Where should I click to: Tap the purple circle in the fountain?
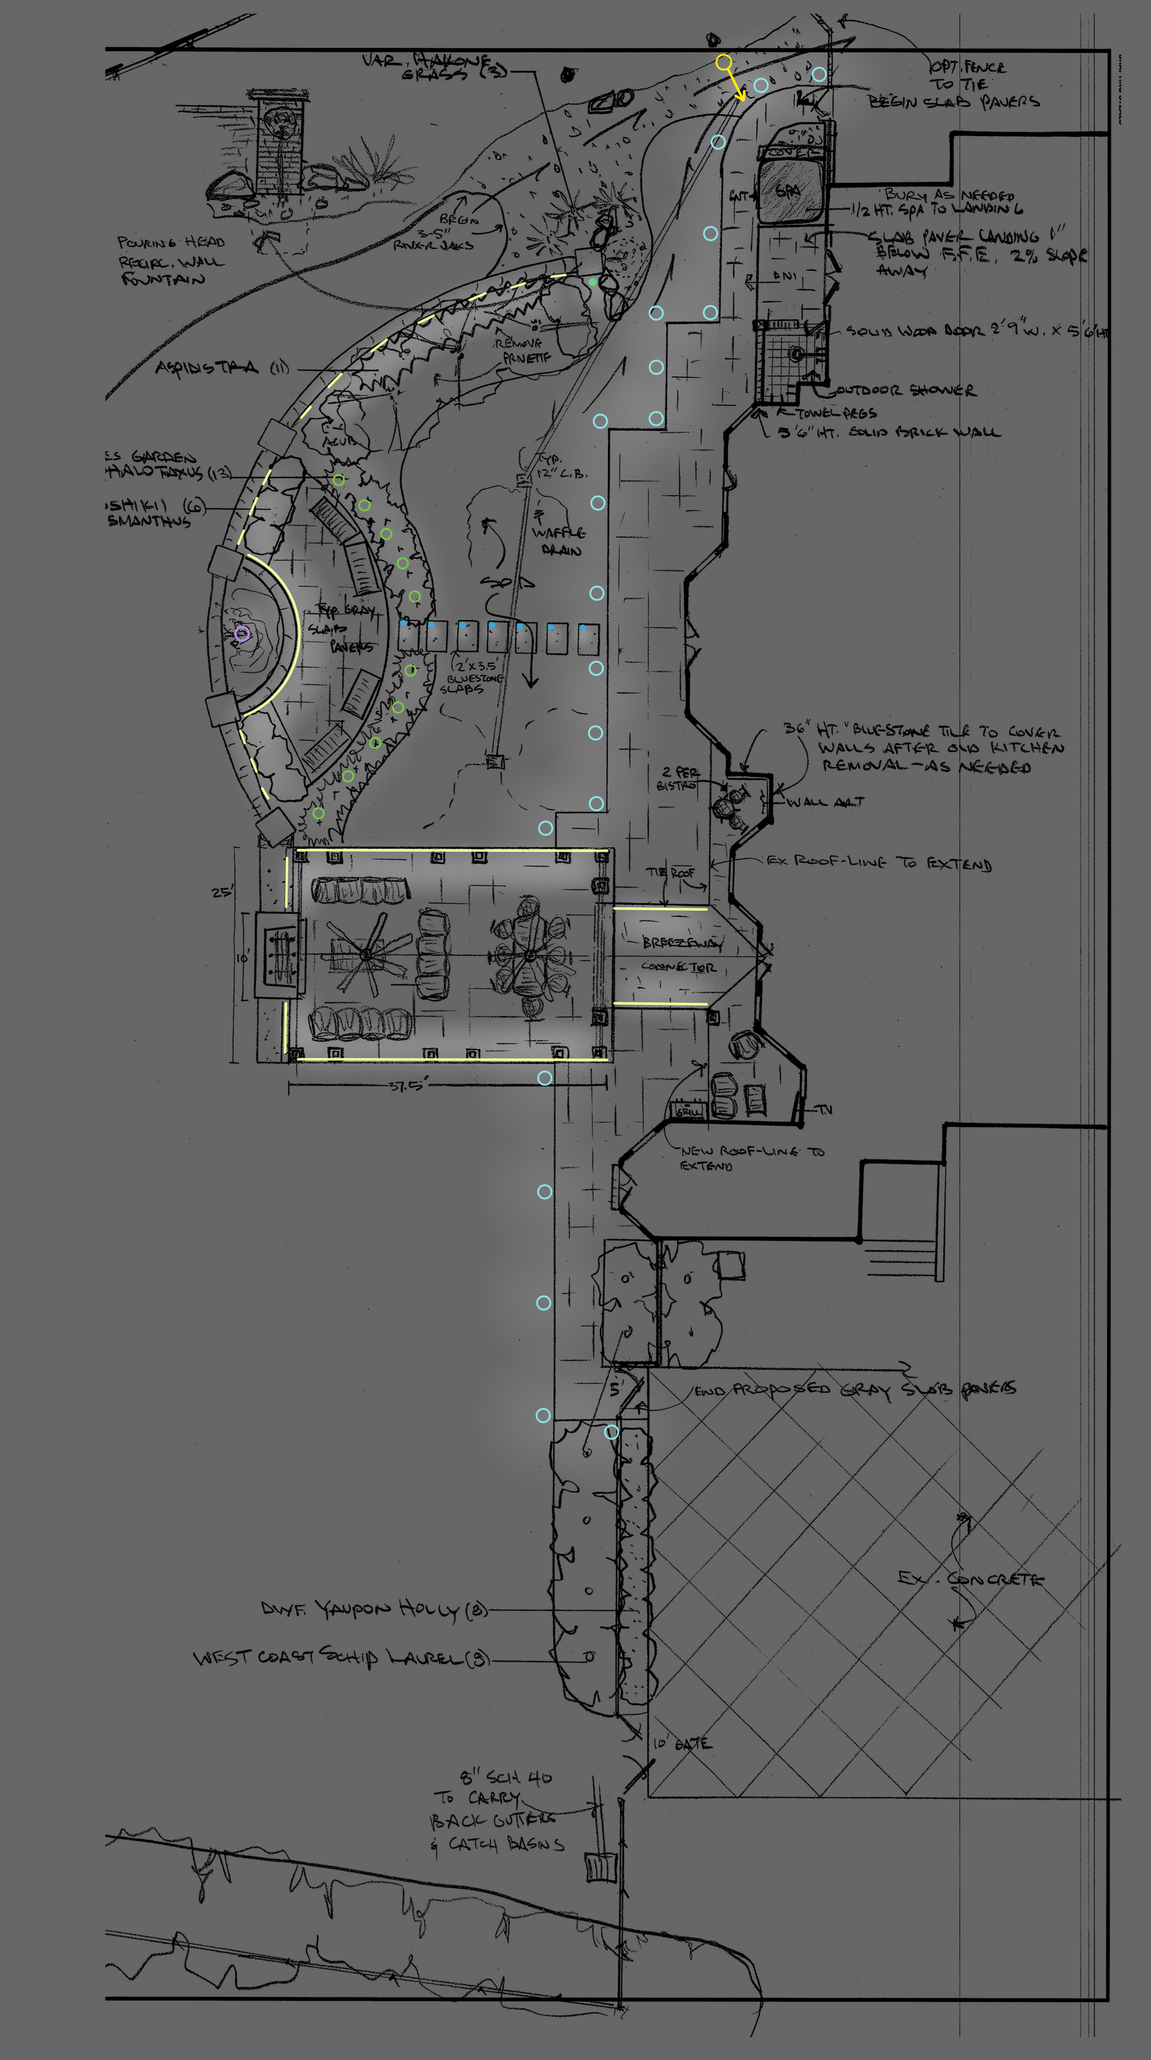click(242, 634)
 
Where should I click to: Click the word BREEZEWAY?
click(682, 943)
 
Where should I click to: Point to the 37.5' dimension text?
click(408, 1085)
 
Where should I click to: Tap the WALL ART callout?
click(825, 802)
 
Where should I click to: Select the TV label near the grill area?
click(825, 1109)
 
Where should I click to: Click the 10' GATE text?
click(682, 1744)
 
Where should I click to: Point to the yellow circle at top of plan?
click(724, 62)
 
